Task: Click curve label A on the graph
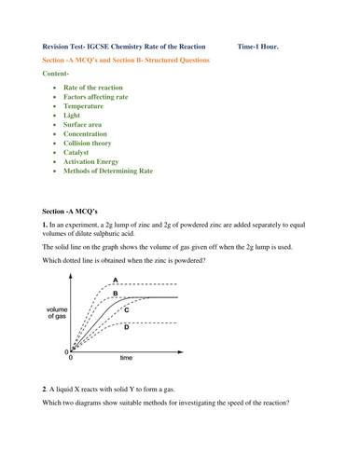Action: tap(115, 281)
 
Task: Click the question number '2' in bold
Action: tap(46, 412)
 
